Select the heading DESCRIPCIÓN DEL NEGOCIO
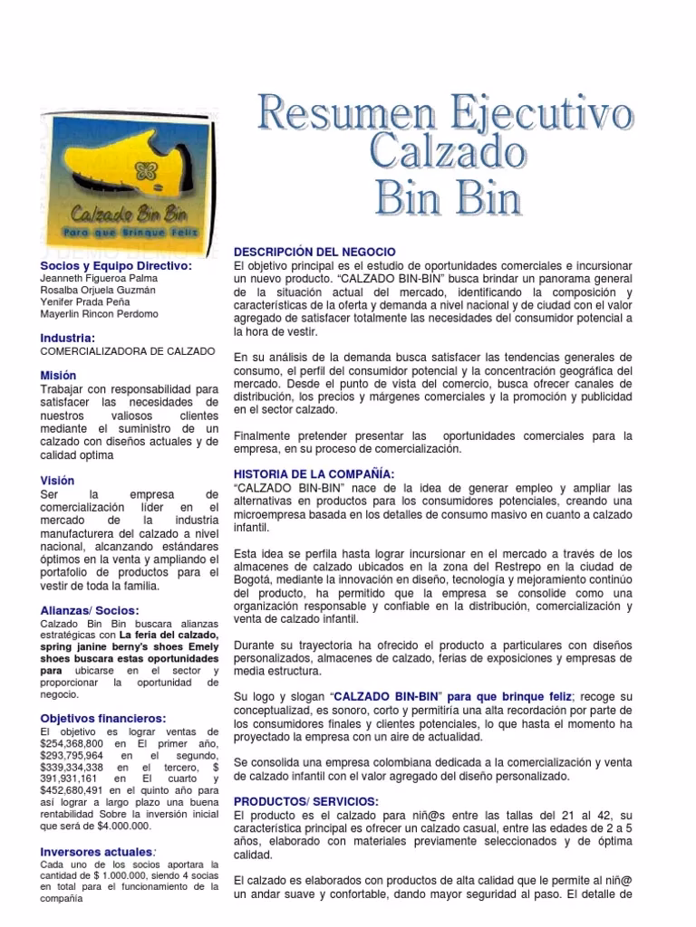(314, 251)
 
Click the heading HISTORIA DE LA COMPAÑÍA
(314, 473)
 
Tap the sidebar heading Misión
(58, 375)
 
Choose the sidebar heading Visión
(57, 480)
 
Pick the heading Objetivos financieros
(103, 718)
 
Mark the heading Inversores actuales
(97, 852)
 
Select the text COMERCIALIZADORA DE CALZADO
(128, 349)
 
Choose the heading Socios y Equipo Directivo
(116, 265)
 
